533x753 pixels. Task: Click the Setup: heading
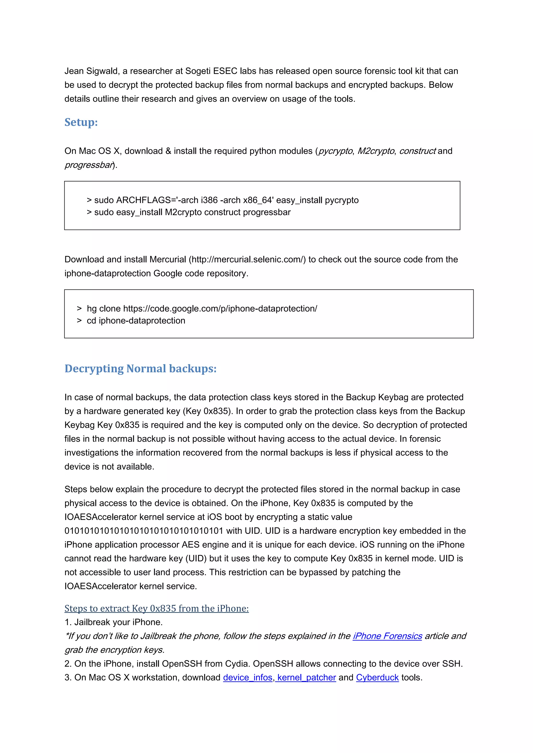click(81, 122)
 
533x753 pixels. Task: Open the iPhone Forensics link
click(387, 636)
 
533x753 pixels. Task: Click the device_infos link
click(248, 677)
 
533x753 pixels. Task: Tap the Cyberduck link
click(377, 677)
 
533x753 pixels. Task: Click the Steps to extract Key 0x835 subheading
click(157, 608)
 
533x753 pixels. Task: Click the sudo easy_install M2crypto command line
click(192, 212)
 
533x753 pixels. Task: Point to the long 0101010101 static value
click(144, 531)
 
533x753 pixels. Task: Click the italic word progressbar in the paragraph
click(88, 165)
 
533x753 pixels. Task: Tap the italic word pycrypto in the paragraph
click(335, 151)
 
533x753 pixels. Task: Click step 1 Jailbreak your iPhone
click(113, 622)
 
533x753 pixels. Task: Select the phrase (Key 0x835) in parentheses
click(208, 411)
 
